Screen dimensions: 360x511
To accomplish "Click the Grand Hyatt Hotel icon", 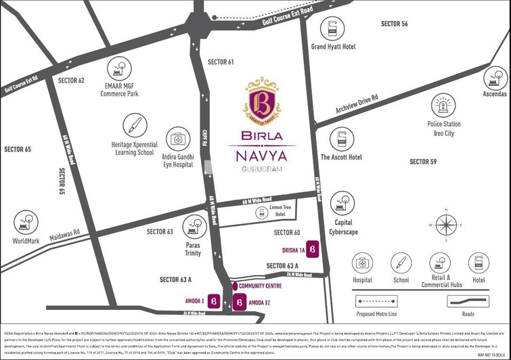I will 332,30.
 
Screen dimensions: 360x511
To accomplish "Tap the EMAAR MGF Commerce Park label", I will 119,90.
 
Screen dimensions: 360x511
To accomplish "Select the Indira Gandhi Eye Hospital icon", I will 178,139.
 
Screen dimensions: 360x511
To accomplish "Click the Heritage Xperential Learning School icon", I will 134,125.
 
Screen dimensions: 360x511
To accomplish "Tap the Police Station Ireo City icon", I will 444,106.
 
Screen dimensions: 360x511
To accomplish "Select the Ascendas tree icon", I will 495,78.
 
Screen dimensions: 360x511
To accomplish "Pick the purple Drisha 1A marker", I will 313,249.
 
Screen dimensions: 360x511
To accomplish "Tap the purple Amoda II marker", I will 239,302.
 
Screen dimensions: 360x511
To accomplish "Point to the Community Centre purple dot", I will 234,286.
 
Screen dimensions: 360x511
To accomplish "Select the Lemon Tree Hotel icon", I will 263,212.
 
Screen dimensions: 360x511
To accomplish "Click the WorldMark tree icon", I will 26,222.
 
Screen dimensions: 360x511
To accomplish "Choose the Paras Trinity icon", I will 194,226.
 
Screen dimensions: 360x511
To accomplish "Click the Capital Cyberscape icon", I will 342,203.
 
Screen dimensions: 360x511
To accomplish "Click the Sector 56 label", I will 394,24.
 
